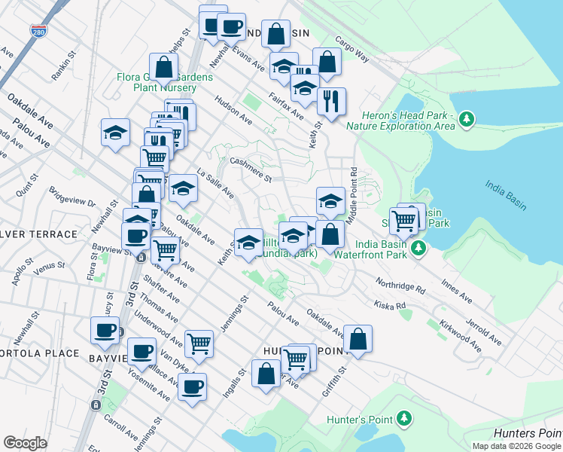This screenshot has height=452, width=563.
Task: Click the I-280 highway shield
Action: coord(38,31)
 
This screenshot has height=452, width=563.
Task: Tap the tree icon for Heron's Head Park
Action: coord(467,118)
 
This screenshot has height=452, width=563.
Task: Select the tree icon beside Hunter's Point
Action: coord(404,418)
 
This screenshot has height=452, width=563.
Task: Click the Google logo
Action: coord(26,443)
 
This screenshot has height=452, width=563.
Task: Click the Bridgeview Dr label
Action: coord(72,197)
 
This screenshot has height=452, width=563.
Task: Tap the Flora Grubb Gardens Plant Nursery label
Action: coord(164,82)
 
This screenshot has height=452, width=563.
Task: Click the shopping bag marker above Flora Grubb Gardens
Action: coord(163,68)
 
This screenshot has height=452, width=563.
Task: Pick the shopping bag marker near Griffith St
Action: coord(359,340)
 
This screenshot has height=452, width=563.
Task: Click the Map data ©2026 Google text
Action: coord(516,445)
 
